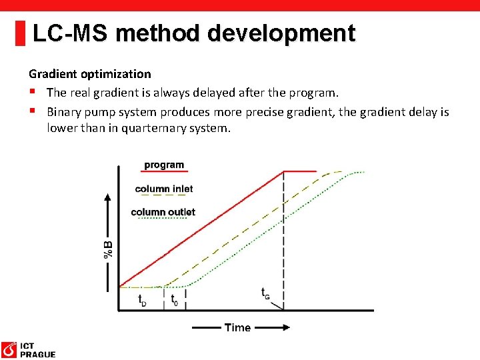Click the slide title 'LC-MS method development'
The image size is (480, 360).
193,33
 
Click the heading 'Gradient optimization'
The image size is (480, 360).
89,74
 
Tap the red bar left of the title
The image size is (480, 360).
20,32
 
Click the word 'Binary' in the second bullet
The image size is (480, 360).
65,111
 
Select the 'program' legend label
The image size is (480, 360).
164,165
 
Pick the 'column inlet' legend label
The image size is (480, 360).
164,189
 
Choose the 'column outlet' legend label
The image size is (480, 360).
163,212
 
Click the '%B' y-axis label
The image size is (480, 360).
107,249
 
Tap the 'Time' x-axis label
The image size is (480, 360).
237,327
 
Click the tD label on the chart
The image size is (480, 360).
143,301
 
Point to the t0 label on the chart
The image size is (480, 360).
175,301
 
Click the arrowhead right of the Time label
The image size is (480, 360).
285,327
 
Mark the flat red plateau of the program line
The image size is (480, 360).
300,171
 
